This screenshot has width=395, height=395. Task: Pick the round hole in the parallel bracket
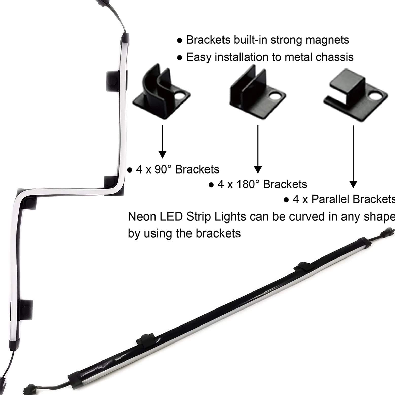pos(374,96)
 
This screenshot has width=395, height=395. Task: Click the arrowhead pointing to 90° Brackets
pos(162,154)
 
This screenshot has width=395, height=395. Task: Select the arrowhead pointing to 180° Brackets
pos(258,169)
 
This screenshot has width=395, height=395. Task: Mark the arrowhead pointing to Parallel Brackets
pos(353,184)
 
